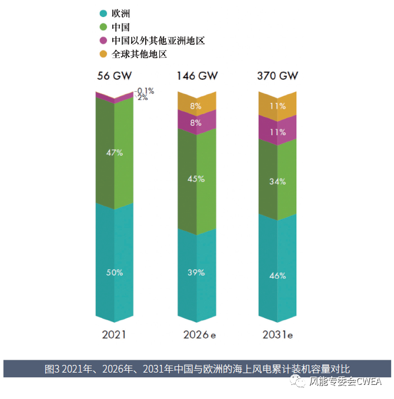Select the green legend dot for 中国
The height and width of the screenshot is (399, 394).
point(103,27)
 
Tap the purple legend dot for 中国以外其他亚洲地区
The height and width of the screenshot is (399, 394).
point(103,41)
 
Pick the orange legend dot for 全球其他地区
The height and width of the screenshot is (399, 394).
point(103,54)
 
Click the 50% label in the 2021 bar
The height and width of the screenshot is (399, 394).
point(114,273)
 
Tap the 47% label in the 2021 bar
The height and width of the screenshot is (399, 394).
point(114,153)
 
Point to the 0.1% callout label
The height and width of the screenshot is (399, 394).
point(145,90)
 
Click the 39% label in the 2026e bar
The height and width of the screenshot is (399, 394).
point(196,273)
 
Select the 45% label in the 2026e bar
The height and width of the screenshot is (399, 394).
point(196,179)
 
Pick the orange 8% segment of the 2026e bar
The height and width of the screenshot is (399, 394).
point(196,106)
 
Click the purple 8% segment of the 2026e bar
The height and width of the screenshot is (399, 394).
point(196,123)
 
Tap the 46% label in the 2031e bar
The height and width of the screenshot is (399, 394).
point(278,276)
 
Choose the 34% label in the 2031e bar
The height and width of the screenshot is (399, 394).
point(278,182)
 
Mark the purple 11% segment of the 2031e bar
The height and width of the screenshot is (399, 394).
point(278,132)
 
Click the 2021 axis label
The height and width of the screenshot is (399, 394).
point(114,335)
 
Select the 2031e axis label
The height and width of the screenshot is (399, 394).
point(278,335)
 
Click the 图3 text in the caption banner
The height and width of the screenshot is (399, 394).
point(52,369)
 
